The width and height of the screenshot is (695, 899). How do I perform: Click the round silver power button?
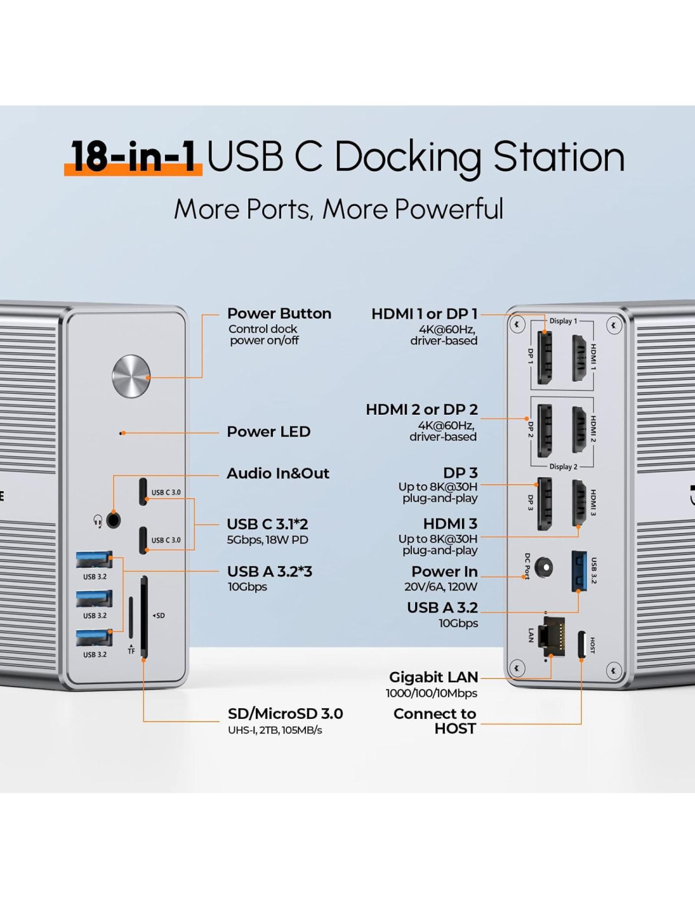click(131, 376)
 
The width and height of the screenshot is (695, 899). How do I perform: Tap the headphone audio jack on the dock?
click(114, 520)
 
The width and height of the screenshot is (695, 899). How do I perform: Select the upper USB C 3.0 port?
click(143, 491)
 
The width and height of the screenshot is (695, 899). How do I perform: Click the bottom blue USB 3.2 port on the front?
click(94, 638)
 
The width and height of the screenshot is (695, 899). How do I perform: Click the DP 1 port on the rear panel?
click(544, 357)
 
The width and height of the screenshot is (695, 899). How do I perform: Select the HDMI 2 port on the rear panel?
click(579, 429)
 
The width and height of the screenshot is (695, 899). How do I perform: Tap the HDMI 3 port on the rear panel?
click(579, 503)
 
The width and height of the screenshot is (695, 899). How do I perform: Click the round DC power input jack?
click(543, 567)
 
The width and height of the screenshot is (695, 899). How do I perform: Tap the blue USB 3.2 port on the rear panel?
click(579, 570)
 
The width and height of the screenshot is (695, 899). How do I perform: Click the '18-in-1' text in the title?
click(133, 156)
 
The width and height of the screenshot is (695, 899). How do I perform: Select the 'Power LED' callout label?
click(269, 432)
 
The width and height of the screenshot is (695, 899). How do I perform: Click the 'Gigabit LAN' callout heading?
click(433, 677)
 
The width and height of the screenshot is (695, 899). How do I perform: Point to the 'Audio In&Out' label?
click(278, 474)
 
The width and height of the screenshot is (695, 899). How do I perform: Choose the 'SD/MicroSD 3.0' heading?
click(285, 714)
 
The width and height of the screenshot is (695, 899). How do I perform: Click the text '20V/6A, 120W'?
click(441, 587)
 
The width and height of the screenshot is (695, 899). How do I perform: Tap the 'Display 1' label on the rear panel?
click(563, 321)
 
